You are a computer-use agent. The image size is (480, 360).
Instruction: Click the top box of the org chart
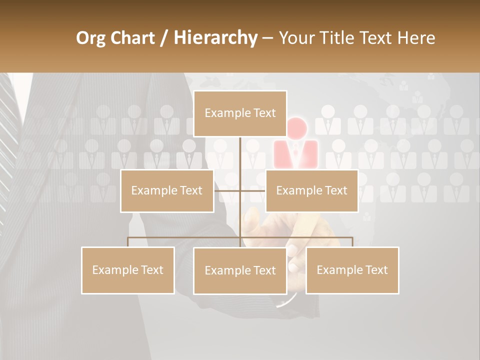(x=240, y=113)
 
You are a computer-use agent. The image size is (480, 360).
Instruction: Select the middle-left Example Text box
(x=167, y=190)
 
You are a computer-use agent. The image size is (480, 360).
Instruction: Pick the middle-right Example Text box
(x=311, y=190)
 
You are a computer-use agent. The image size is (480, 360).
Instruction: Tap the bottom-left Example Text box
(x=128, y=270)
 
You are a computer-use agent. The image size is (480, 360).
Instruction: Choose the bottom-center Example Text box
(x=240, y=270)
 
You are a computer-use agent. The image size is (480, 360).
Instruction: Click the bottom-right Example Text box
(x=352, y=270)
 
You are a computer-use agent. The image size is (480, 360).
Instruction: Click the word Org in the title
(x=90, y=38)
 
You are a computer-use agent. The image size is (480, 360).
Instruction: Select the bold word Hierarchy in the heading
(x=215, y=38)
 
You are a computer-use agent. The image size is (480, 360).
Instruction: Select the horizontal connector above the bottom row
(x=185, y=237)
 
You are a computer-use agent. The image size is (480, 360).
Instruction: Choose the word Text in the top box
(x=264, y=113)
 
